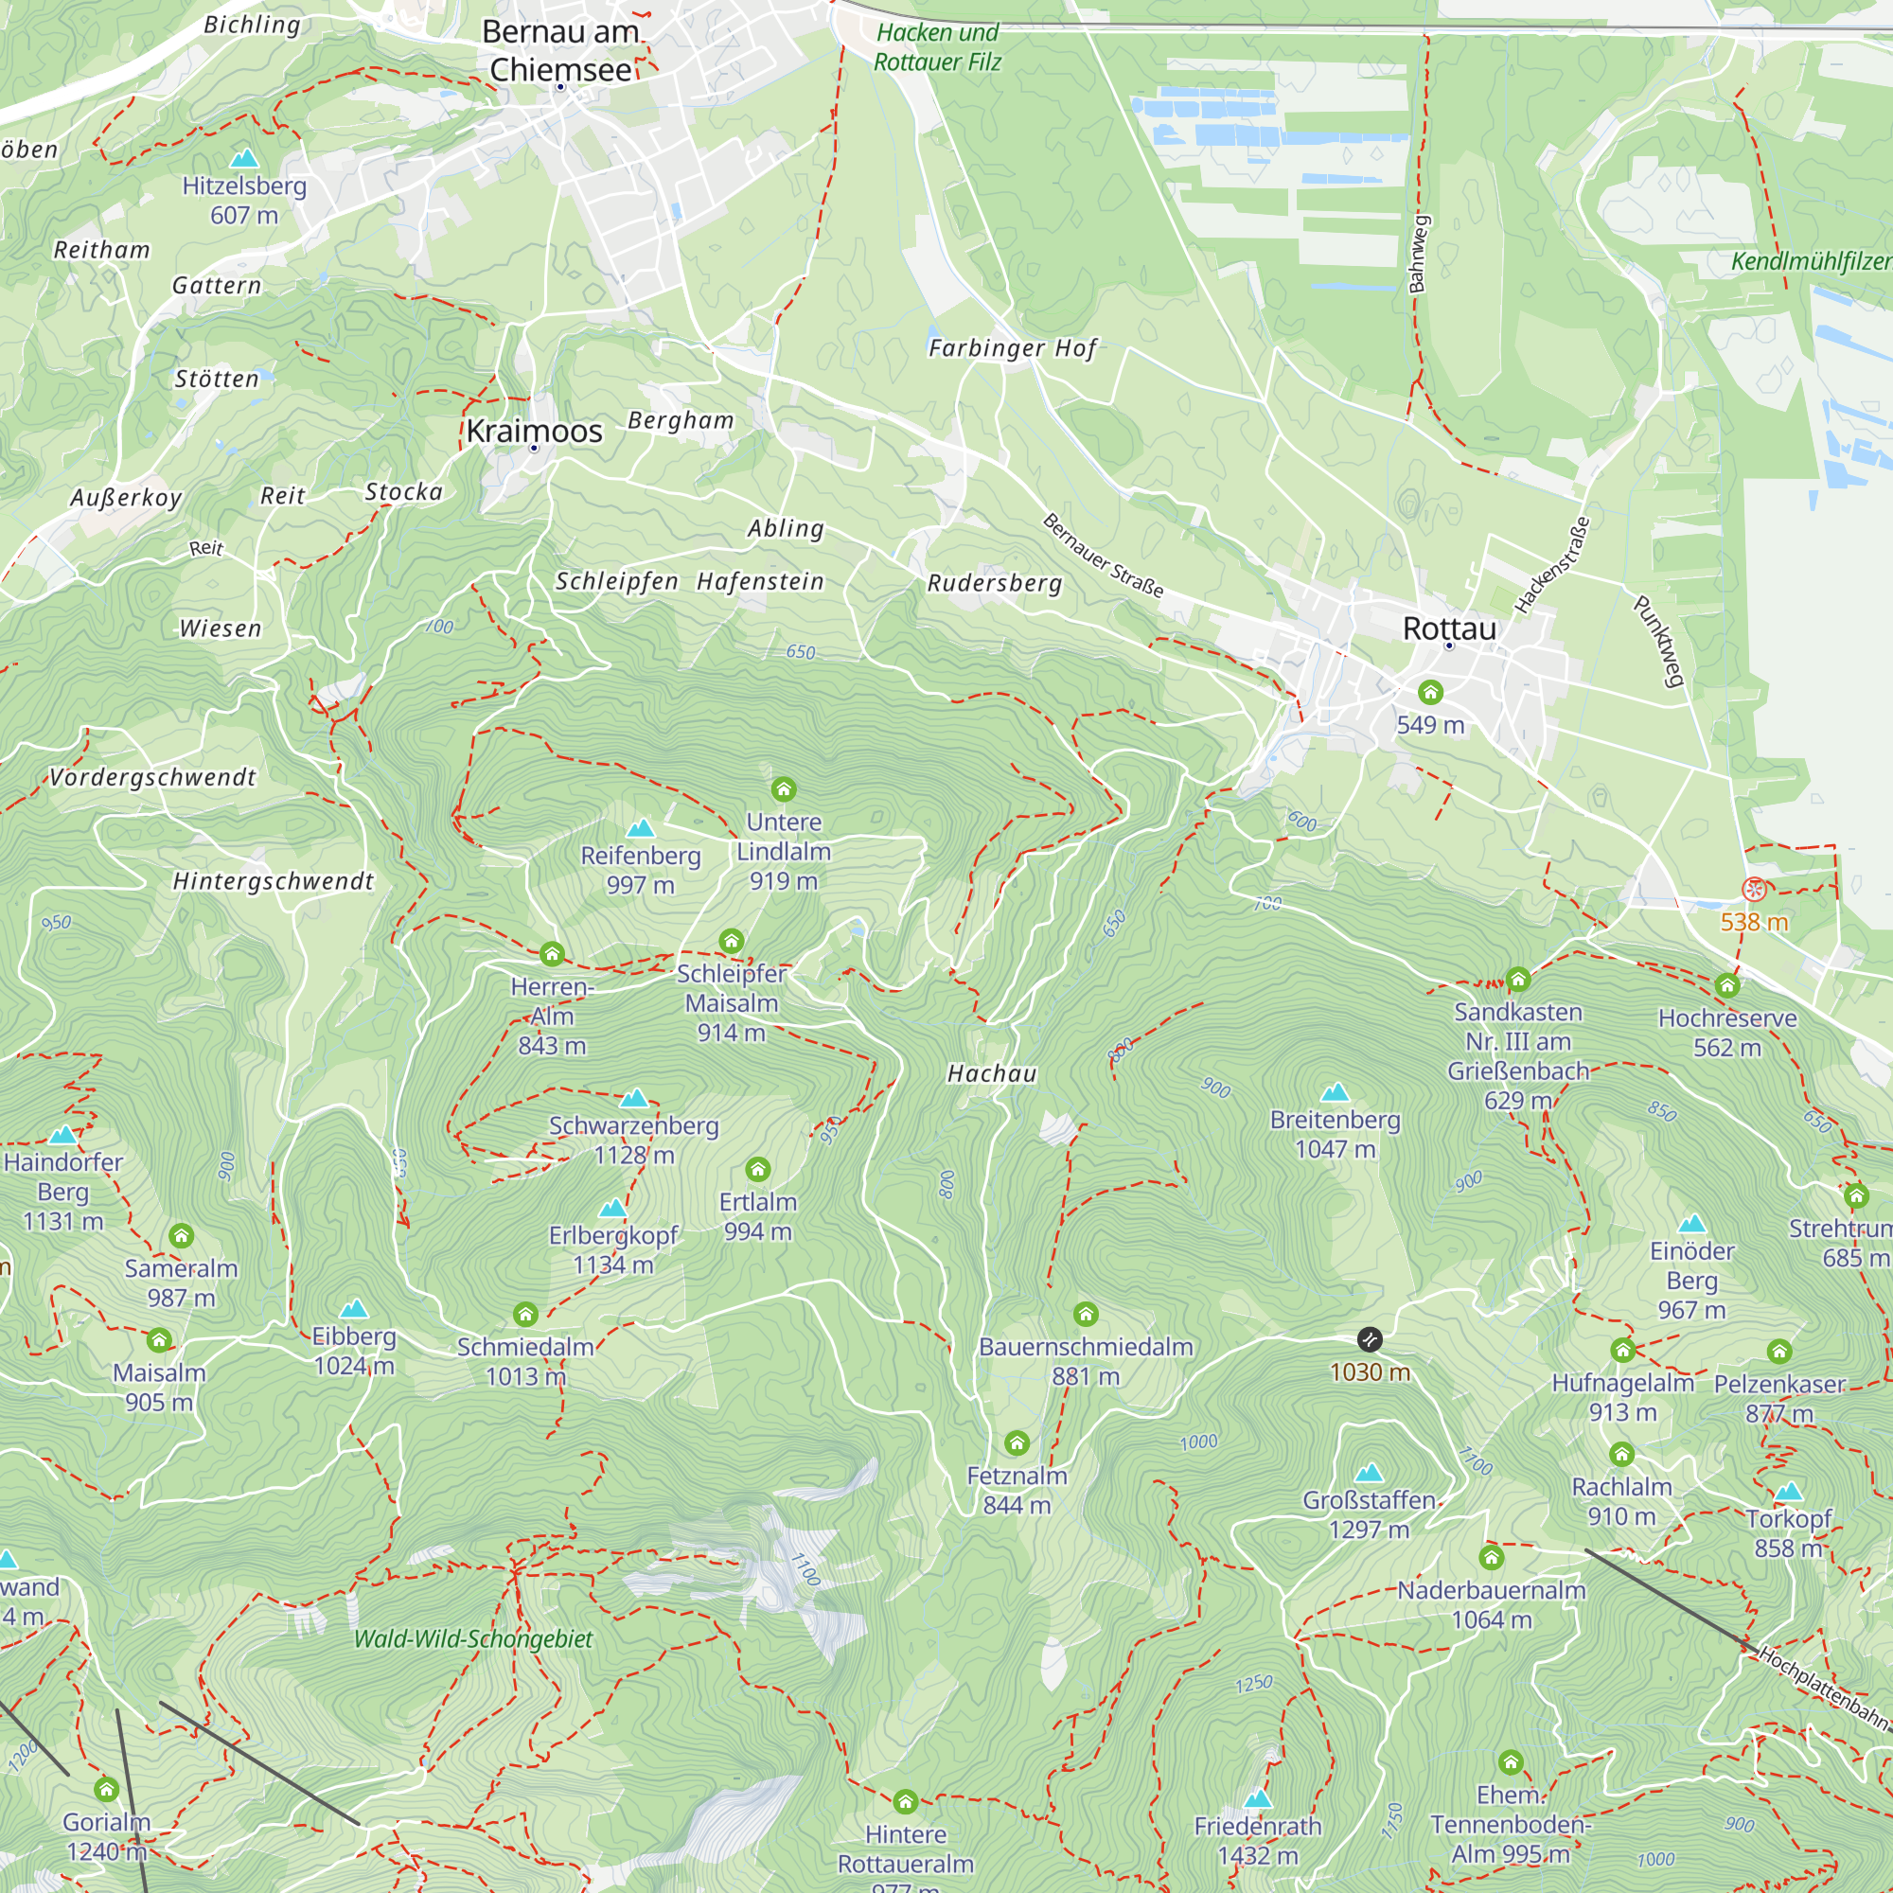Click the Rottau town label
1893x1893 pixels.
(x=1449, y=629)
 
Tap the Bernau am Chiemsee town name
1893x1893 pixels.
(x=560, y=50)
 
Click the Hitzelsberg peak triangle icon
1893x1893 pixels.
(x=243, y=158)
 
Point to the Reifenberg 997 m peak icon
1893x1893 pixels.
(x=640, y=828)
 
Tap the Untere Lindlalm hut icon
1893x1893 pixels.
(x=783, y=788)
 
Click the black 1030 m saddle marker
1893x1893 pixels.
(x=1370, y=1339)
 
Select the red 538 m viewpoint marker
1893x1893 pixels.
(x=1754, y=890)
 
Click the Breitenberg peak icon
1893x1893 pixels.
(x=1335, y=1092)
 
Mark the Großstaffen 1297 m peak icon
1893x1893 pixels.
(x=1369, y=1473)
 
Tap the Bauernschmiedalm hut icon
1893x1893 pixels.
(x=1086, y=1314)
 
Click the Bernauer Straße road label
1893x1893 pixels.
(x=1104, y=556)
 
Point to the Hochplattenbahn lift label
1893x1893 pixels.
(x=1824, y=1688)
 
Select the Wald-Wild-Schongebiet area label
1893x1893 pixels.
(x=473, y=1639)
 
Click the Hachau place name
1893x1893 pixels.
(x=992, y=1074)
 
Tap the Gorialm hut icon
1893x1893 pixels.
(x=107, y=1790)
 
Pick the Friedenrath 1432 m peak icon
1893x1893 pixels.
(x=1257, y=1798)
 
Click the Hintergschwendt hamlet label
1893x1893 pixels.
(x=274, y=882)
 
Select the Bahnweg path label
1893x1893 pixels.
(x=1418, y=254)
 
